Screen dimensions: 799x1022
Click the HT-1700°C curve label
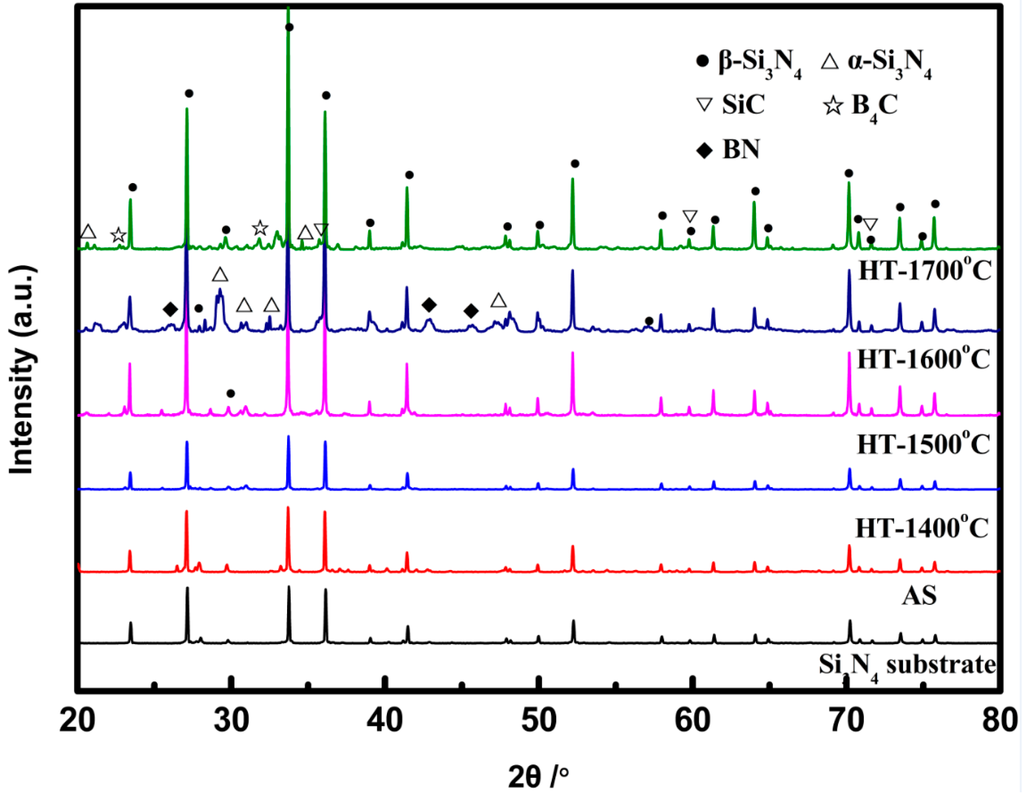point(925,271)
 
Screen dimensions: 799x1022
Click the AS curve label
point(919,595)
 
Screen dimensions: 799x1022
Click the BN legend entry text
point(741,150)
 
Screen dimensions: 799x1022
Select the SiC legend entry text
point(743,104)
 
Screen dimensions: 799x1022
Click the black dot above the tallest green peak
point(289,27)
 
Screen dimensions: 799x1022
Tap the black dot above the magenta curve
point(230,394)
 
